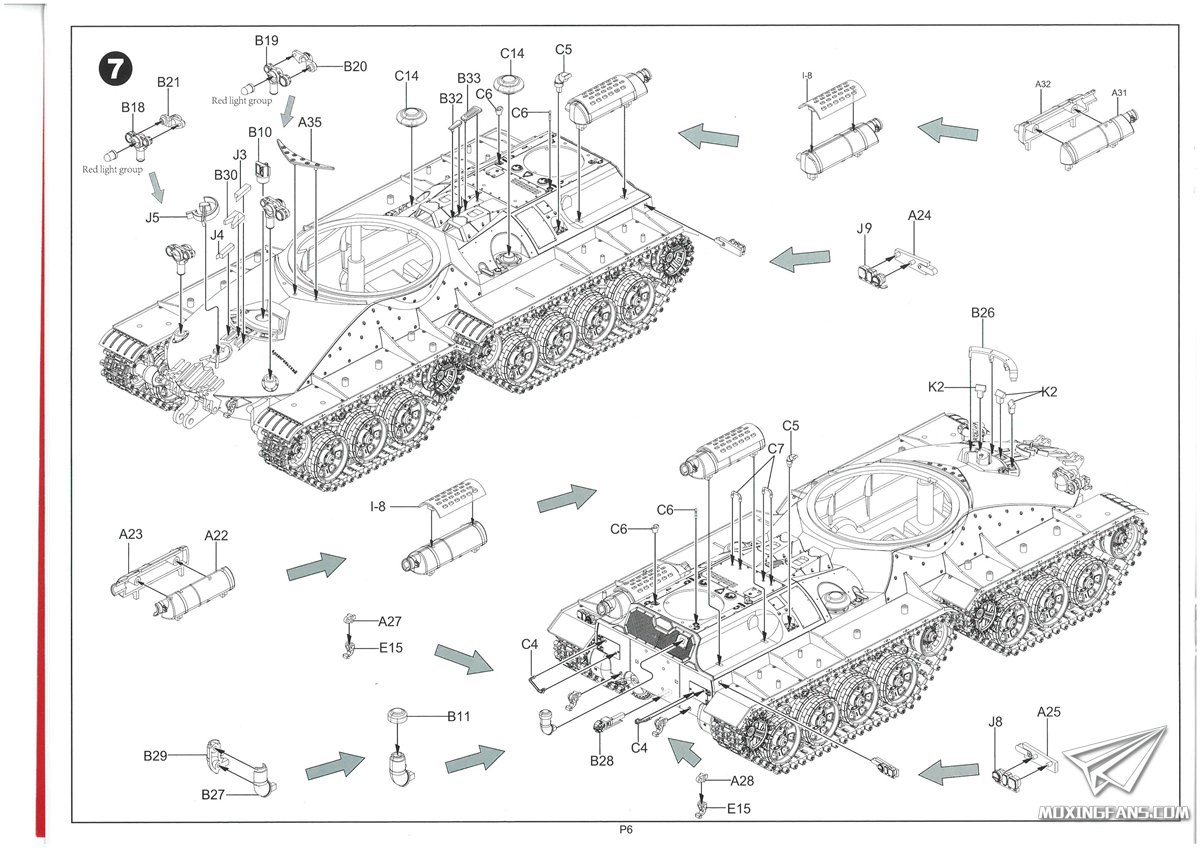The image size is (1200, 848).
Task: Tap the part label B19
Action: click(x=266, y=41)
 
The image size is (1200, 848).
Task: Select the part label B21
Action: click(x=168, y=81)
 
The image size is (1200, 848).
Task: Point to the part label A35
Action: click(x=310, y=122)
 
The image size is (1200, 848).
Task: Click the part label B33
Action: click(x=469, y=79)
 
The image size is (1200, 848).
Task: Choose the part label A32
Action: click(x=1042, y=84)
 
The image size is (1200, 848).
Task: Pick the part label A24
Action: click(x=920, y=215)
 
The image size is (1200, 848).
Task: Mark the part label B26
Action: click(x=983, y=313)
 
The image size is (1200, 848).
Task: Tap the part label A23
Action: click(x=130, y=535)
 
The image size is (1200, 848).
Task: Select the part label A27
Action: click(x=390, y=621)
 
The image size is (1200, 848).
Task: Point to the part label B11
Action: click(x=459, y=716)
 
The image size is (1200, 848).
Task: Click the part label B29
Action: click(x=155, y=756)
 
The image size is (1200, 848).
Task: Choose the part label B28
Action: click(x=602, y=761)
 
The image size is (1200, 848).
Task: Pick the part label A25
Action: click(x=1049, y=712)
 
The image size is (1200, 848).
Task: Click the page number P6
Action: click(x=626, y=829)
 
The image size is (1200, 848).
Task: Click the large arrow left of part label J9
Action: click(x=800, y=260)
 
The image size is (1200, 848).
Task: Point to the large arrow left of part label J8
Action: click(x=948, y=772)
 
